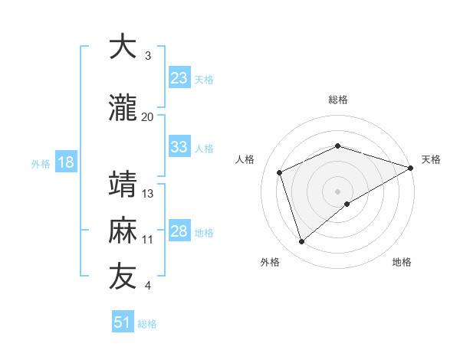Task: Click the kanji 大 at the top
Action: (123, 47)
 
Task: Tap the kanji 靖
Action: (123, 185)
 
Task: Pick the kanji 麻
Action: (123, 231)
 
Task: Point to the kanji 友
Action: (123, 277)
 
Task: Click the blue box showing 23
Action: (179, 79)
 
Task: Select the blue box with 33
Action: (179, 148)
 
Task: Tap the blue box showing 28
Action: (179, 232)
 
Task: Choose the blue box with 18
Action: (65, 163)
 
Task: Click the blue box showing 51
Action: (123, 323)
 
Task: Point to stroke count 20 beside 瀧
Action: (147, 116)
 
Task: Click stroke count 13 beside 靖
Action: (148, 193)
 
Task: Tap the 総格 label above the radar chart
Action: (338, 100)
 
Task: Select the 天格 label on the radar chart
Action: (431, 159)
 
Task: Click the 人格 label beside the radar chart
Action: (245, 159)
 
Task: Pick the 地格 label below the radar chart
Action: (402, 262)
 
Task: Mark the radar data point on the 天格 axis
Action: (411, 168)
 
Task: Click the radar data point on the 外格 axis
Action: (301, 242)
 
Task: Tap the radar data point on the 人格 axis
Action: (280, 172)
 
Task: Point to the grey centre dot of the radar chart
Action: (338, 191)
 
